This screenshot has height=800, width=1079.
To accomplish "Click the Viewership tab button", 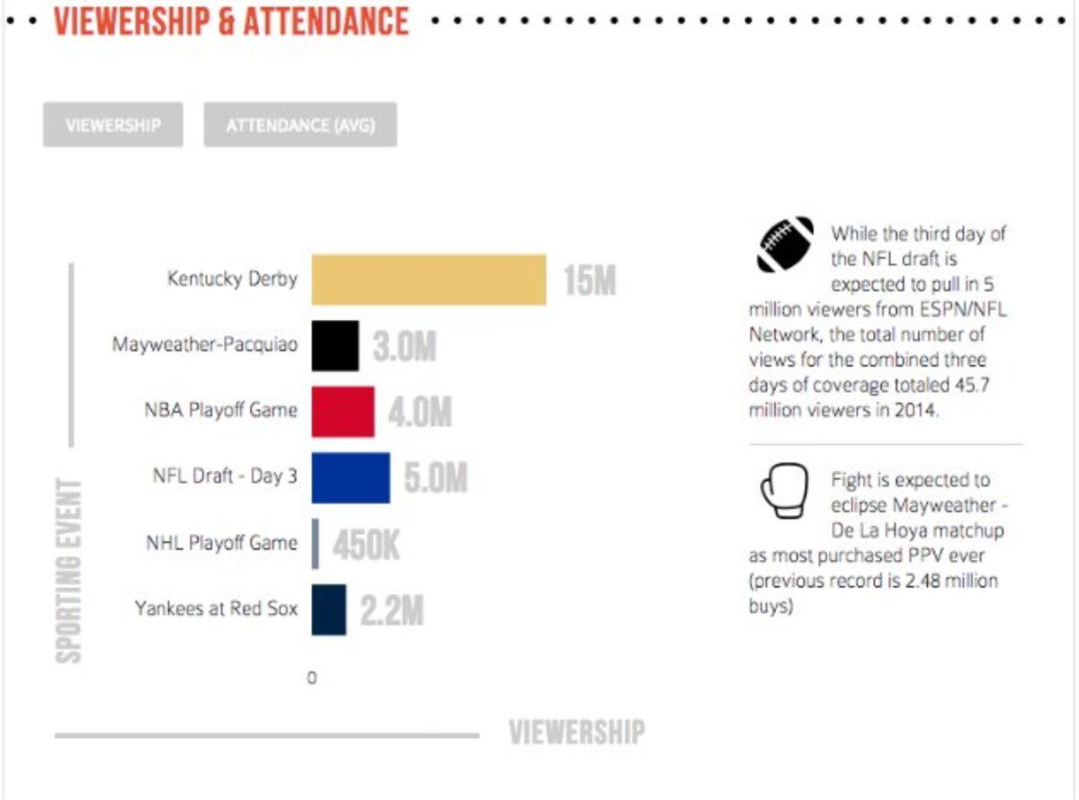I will (x=112, y=125).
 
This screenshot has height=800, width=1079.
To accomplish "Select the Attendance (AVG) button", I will (x=300, y=125).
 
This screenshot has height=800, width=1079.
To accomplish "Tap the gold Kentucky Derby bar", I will (x=429, y=280).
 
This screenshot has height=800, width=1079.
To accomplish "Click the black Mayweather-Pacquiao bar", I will (x=335, y=346).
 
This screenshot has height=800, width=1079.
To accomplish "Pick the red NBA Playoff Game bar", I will (x=343, y=412).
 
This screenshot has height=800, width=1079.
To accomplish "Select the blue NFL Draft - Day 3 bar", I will (x=351, y=477).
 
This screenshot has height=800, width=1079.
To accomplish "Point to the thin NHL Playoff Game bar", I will (x=316, y=544).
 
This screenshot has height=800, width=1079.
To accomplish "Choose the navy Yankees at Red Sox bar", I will (x=329, y=609).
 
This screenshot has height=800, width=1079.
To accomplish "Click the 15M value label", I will (x=589, y=280).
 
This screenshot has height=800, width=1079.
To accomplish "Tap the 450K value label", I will (x=366, y=545).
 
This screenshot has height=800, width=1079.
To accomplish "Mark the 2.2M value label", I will (x=391, y=610).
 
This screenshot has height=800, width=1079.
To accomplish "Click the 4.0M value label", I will (x=420, y=413).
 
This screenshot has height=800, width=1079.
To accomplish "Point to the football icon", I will (x=785, y=244).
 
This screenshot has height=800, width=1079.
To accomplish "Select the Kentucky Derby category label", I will (x=232, y=279).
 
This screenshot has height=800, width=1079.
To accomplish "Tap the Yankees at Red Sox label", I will (x=216, y=609).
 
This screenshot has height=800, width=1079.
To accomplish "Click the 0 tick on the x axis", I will (x=312, y=679).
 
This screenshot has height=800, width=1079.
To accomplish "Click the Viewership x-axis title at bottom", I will (x=576, y=733).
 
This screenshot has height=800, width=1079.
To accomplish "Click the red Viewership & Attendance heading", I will (x=232, y=21).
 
